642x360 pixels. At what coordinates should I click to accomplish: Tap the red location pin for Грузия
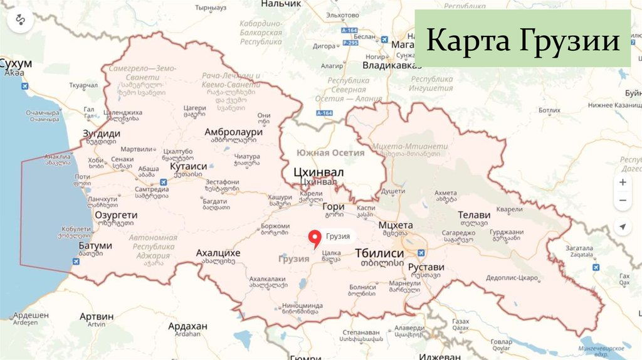pyautogui.click(x=315, y=239)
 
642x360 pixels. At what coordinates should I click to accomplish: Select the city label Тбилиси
pyautogui.click(x=379, y=253)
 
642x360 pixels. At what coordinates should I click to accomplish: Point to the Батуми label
pyautogui.click(x=95, y=245)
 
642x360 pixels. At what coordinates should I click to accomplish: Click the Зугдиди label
pyautogui.click(x=102, y=134)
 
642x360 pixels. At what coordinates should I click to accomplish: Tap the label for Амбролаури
pyautogui.click(x=233, y=132)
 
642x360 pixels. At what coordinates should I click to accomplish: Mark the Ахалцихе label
pyautogui.click(x=218, y=253)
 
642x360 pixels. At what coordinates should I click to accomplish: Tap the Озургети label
pyautogui.click(x=115, y=214)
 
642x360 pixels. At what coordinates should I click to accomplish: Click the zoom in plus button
pyautogui.click(x=623, y=182)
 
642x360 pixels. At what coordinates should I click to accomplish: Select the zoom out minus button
pyautogui.click(x=623, y=201)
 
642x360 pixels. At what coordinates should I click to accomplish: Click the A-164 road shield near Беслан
pyautogui.click(x=349, y=30)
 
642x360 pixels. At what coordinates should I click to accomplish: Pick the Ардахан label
pyautogui.click(x=187, y=326)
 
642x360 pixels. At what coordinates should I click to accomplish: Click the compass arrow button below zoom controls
pyautogui.click(x=623, y=226)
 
